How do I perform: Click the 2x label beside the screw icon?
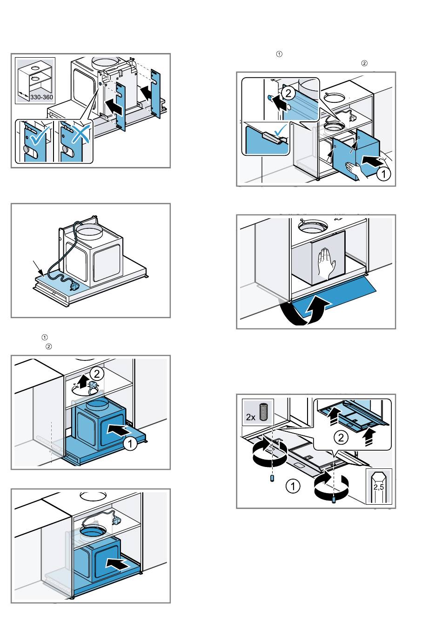(251, 416)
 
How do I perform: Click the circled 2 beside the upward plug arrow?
(96, 373)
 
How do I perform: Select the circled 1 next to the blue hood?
(130, 444)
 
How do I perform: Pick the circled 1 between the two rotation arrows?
(292, 487)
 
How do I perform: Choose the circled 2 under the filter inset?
(341, 437)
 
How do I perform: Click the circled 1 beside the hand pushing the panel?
(383, 175)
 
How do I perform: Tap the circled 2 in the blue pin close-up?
(288, 93)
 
